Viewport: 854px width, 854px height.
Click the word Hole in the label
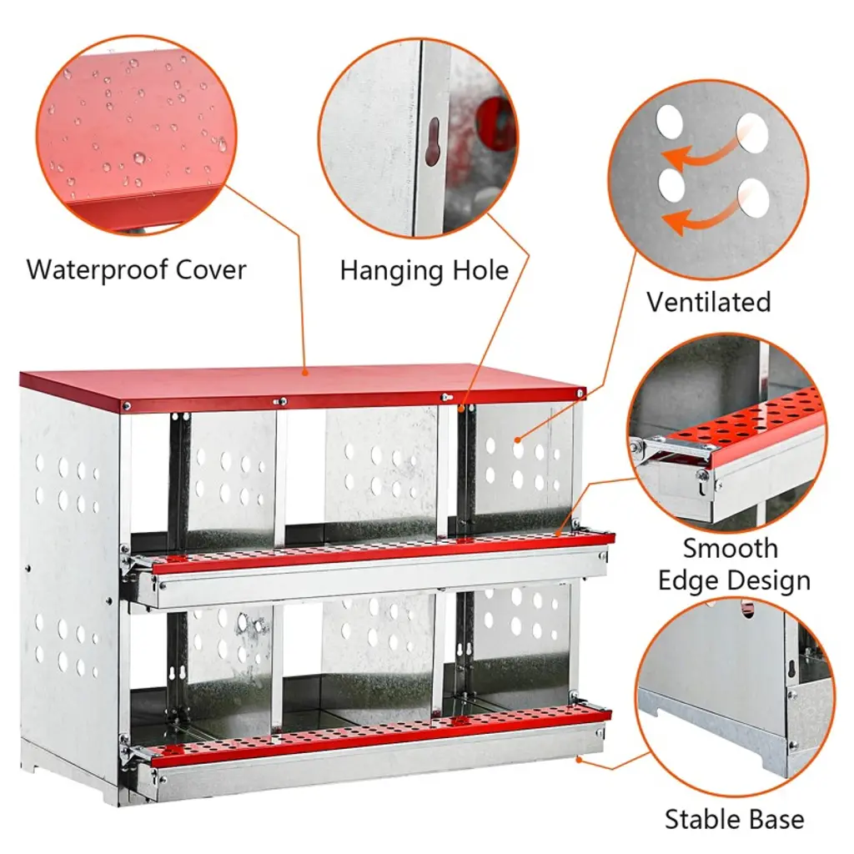(x=475, y=270)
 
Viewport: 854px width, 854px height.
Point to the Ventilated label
(x=709, y=302)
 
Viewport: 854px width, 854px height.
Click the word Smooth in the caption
(x=731, y=548)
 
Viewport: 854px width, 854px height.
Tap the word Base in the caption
(x=776, y=819)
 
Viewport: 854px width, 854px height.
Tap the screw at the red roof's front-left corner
(x=127, y=406)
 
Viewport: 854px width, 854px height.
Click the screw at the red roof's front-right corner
(x=580, y=394)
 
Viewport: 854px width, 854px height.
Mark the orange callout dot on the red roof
(x=306, y=373)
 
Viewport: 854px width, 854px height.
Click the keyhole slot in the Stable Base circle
(x=792, y=668)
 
